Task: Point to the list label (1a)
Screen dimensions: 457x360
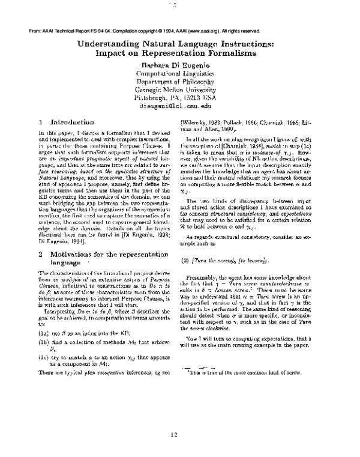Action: [43, 331]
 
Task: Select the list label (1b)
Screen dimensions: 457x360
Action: [43, 342]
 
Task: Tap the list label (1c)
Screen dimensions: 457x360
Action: [43, 357]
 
